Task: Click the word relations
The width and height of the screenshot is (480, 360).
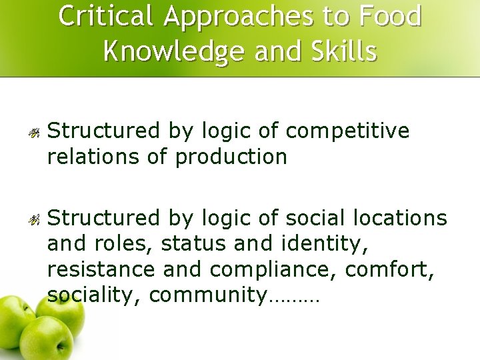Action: click(90, 157)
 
